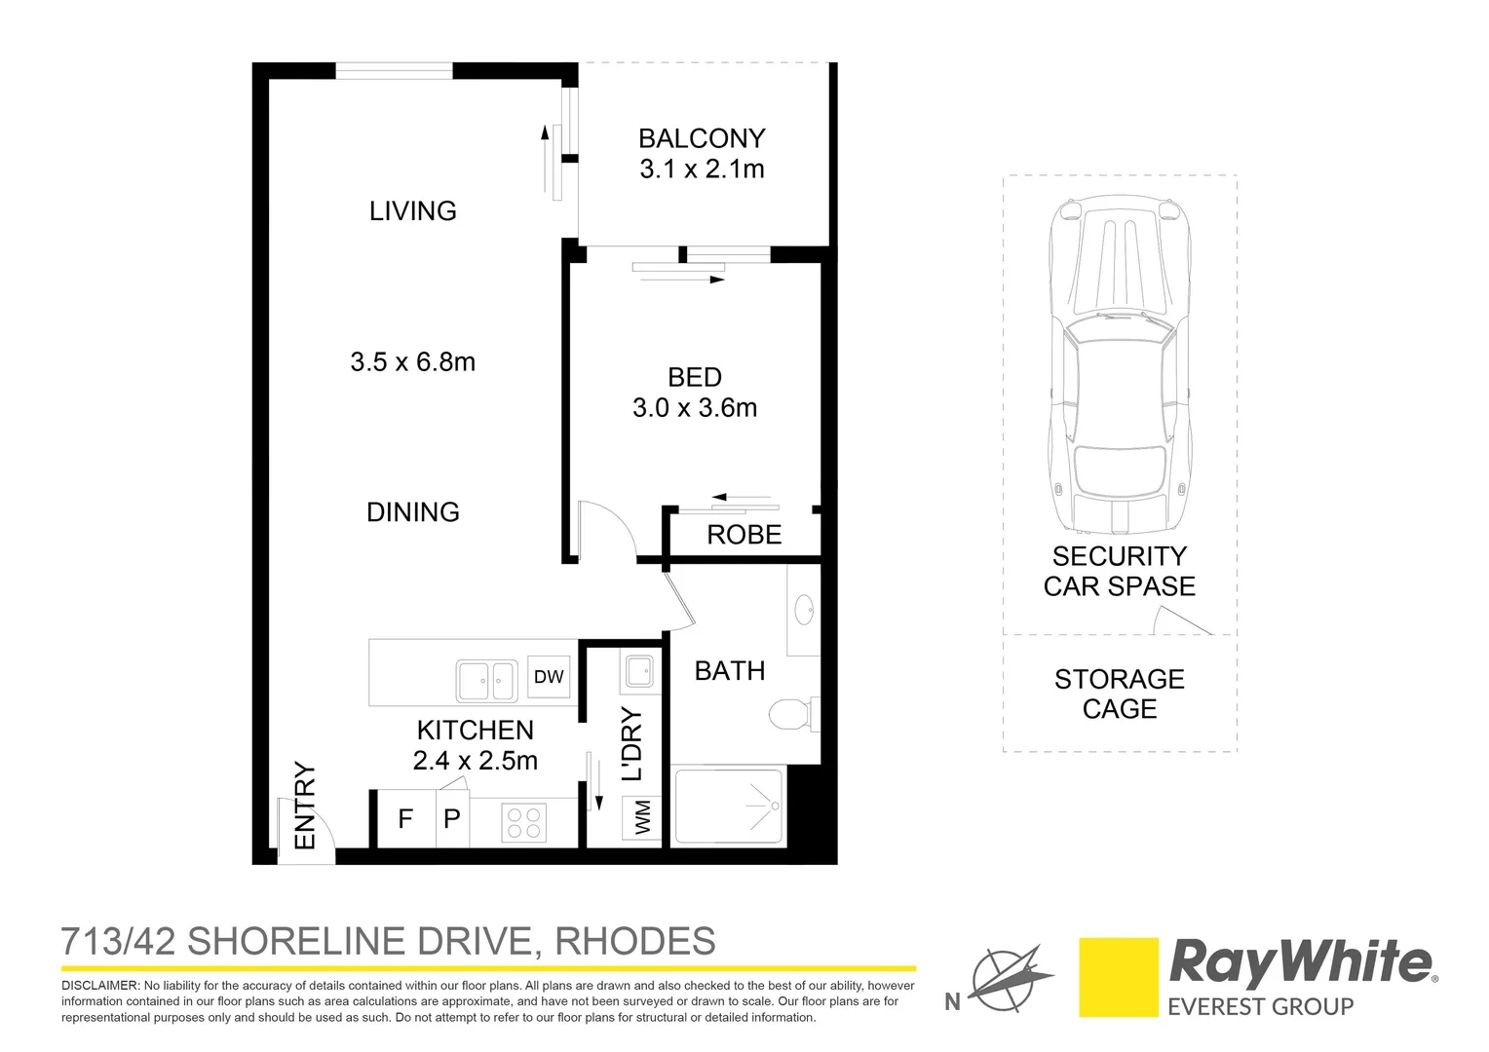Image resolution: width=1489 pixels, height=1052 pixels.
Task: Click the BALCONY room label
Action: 702,138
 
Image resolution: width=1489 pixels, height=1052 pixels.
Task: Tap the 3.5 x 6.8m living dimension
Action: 412,362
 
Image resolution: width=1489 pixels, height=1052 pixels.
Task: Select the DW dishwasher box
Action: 549,677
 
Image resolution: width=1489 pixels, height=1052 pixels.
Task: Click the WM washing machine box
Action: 642,817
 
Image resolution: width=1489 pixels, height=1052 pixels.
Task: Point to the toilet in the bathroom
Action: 790,714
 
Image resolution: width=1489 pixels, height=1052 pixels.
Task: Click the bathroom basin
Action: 805,611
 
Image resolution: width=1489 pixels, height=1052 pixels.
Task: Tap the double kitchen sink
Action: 486,680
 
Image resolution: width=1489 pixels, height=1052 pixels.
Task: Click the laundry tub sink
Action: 639,671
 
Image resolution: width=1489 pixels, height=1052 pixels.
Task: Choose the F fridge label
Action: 405,819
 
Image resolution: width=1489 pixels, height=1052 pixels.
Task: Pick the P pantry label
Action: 452,819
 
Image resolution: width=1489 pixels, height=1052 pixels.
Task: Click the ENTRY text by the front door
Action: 305,806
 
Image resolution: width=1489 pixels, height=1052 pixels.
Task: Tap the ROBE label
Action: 744,535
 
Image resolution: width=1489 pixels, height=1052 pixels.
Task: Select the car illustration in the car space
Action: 1120,365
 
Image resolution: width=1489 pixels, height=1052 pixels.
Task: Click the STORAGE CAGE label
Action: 1119,694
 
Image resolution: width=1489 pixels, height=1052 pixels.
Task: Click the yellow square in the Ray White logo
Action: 1118,977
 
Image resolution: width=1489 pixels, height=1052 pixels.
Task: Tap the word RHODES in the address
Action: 634,942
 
